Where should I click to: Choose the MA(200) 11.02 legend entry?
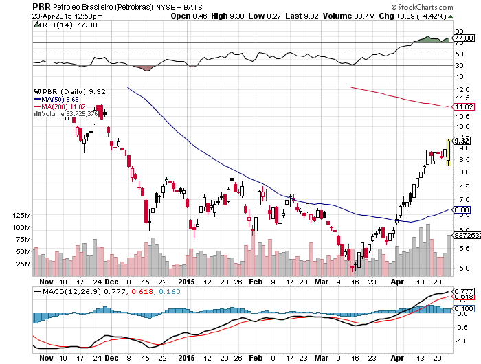tap(60, 106)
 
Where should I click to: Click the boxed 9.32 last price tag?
tap(461, 141)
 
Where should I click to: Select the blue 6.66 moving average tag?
tap(461, 209)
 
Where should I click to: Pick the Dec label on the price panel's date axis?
tap(111, 282)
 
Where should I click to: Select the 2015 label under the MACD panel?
tap(187, 358)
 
